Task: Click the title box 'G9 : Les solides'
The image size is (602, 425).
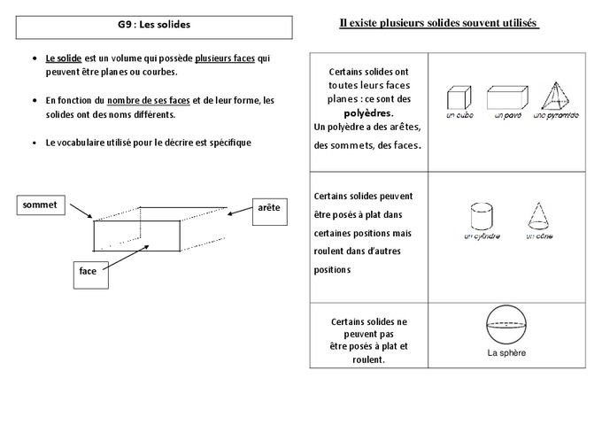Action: point(154,27)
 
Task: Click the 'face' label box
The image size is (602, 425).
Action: point(88,272)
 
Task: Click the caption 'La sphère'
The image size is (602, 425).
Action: point(506,353)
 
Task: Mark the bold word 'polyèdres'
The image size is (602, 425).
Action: point(368,113)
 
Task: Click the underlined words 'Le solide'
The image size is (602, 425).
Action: point(64,58)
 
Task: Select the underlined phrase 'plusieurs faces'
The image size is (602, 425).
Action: point(226,58)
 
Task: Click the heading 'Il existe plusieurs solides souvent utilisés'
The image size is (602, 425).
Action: point(439,23)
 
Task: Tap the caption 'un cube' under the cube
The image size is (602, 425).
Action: point(458,116)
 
